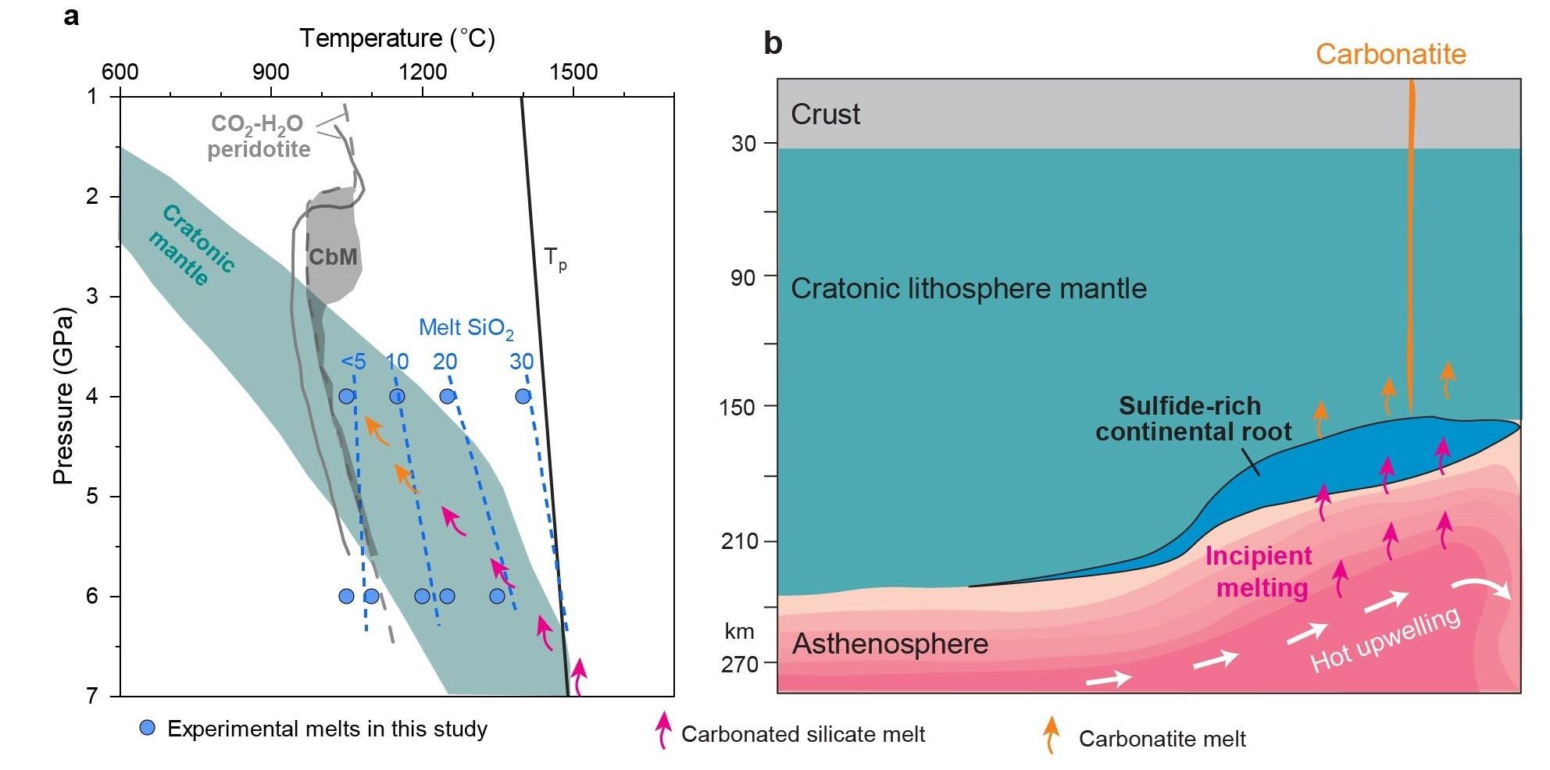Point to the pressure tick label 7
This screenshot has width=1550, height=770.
coord(92,695)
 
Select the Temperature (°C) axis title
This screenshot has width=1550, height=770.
coord(397,37)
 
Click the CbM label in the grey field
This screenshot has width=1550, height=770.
coord(333,257)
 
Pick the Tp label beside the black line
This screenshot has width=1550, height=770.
coord(555,258)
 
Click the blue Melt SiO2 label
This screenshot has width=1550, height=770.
coord(466,329)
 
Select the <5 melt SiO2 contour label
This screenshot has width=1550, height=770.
coord(353,362)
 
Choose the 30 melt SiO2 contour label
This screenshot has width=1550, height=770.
coord(522,362)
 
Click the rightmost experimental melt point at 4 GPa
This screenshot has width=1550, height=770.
coord(523,396)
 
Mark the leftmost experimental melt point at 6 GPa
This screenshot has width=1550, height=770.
coord(347,597)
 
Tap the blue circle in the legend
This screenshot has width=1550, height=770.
coord(147,729)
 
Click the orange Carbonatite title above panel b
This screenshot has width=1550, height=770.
coord(1391,54)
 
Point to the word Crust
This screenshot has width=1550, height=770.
coord(825,115)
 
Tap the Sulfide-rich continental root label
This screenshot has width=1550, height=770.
coord(1192,419)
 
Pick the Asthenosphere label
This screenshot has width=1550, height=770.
coord(890,644)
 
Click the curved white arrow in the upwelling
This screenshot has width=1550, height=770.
coord(1482,590)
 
